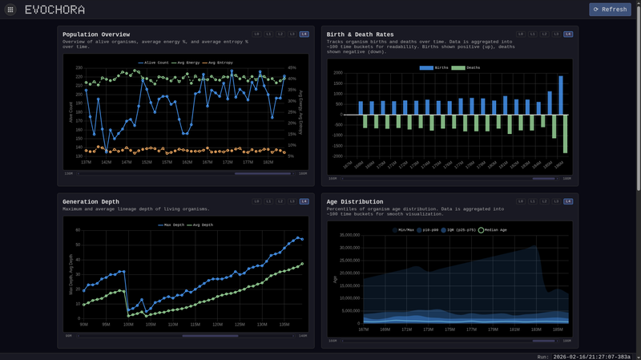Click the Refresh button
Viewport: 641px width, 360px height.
tap(610, 10)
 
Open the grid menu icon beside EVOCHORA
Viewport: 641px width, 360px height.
tap(10, 10)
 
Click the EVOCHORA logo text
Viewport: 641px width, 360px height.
tap(54, 10)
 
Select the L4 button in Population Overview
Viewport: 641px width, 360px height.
tap(304, 34)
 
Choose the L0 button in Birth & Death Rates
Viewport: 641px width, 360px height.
tap(521, 34)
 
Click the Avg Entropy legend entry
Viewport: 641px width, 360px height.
tap(219, 63)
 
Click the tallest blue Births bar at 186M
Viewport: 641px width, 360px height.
tap(561, 95)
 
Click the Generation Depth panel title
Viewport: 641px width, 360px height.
tap(91, 201)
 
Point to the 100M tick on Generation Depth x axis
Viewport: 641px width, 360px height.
tap(128, 325)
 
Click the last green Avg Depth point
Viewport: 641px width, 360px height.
tap(301, 264)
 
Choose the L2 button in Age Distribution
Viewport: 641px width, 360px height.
tap(544, 201)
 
